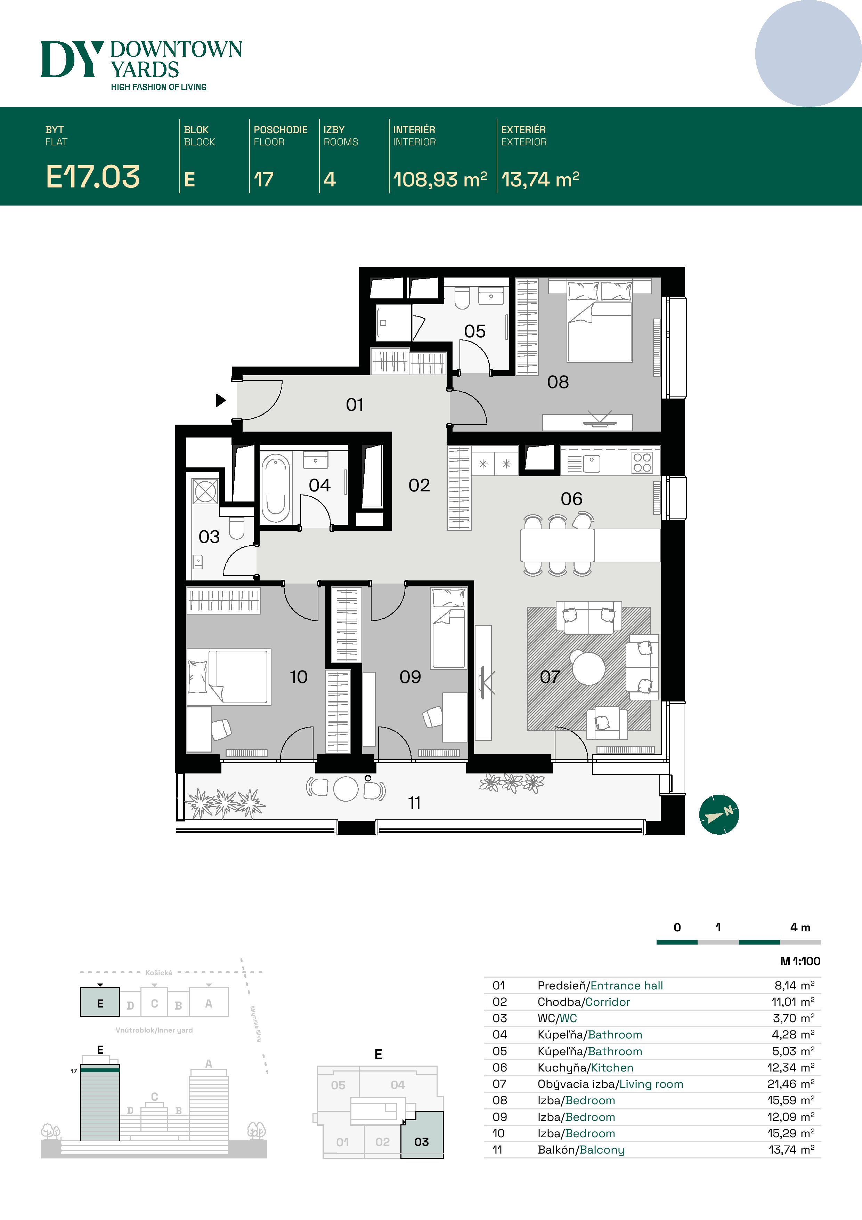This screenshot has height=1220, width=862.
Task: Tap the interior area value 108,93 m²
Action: [440, 179]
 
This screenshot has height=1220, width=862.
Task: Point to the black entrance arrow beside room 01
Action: [220, 400]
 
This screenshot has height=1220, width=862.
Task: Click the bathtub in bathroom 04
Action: [275, 487]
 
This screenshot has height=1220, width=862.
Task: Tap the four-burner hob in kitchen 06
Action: [642, 462]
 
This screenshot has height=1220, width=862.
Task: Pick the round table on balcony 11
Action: [346, 788]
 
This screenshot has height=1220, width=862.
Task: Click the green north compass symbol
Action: [718, 814]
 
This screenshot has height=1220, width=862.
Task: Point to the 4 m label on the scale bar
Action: [800, 927]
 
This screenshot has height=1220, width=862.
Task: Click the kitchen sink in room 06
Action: [591, 463]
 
